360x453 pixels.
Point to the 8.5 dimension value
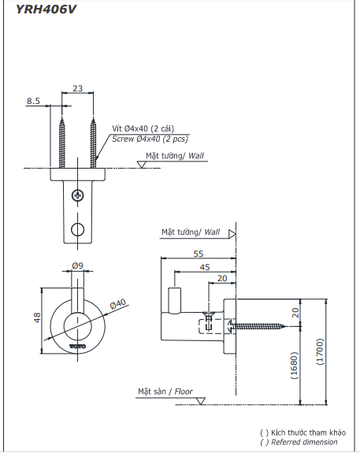(34, 101)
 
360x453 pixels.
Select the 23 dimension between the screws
(77, 89)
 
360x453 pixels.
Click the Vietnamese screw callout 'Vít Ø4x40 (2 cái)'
(144, 128)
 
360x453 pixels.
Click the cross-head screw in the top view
(77, 195)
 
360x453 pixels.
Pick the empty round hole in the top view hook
(77, 229)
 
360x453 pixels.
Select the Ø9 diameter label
(77, 266)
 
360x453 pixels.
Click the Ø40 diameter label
(117, 303)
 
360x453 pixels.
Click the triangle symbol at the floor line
(201, 400)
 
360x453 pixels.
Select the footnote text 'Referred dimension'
(304, 443)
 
